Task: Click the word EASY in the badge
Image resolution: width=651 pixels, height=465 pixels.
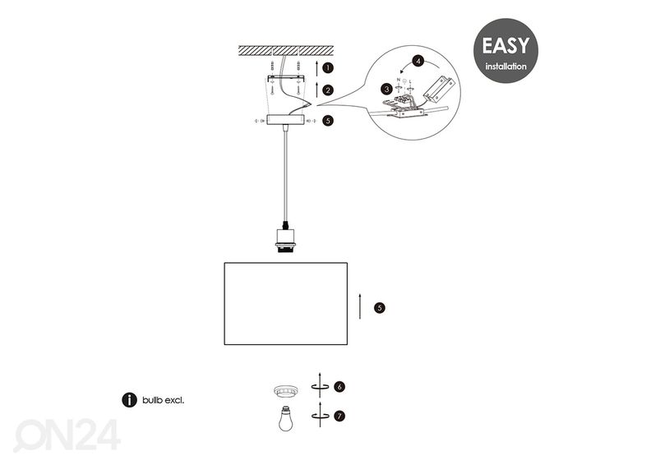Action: coord(505,46)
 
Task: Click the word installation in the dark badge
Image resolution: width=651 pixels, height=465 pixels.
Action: coord(505,65)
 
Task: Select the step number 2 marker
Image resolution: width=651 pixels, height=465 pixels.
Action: coord(327,90)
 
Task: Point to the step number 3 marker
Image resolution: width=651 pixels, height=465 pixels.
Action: coord(386,88)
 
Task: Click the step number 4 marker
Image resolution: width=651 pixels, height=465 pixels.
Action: coord(418,61)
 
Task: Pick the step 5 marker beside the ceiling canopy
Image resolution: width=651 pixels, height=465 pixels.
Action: coord(327,121)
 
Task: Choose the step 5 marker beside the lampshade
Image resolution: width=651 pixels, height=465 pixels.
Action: coord(379,308)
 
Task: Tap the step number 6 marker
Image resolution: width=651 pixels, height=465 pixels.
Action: coord(339,386)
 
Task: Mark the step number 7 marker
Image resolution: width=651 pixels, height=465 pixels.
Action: coord(339,416)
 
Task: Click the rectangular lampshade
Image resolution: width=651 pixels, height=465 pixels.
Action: coord(286,303)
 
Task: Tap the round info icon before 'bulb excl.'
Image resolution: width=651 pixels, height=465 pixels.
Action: coord(129,400)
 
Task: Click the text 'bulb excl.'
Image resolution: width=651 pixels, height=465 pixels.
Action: coord(163,400)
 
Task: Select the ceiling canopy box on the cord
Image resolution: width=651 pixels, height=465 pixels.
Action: coord(282,121)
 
